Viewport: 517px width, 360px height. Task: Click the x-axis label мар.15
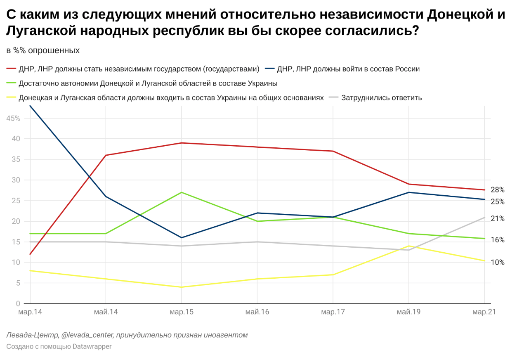tap(182, 312)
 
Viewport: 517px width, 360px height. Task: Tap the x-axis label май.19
tap(408, 312)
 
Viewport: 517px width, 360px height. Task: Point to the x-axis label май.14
tap(106, 312)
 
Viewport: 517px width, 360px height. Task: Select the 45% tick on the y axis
tap(13, 118)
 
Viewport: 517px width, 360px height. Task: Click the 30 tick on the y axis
tap(16, 180)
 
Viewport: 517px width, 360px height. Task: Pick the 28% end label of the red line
tap(497, 190)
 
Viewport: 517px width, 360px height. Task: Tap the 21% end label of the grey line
tap(497, 218)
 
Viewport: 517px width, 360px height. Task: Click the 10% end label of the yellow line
tap(497, 262)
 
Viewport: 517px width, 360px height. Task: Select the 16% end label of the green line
tap(497, 240)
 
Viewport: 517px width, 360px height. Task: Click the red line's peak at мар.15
tap(182, 143)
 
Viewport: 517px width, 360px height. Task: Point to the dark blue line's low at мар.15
tap(182, 237)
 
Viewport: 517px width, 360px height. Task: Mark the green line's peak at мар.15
tap(182, 192)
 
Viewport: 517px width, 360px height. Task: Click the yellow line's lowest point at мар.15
tap(182, 287)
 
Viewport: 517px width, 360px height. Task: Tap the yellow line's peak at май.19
tap(408, 246)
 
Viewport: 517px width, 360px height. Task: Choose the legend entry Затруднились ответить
tap(381, 98)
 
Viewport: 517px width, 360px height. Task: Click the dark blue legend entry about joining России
tap(348, 69)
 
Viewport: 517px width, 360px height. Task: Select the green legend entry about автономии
tap(148, 83)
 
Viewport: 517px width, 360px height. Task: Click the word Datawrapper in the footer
tap(92, 346)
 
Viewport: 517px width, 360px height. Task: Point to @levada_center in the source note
tap(87, 335)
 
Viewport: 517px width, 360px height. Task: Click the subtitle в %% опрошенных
tap(43, 51)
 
